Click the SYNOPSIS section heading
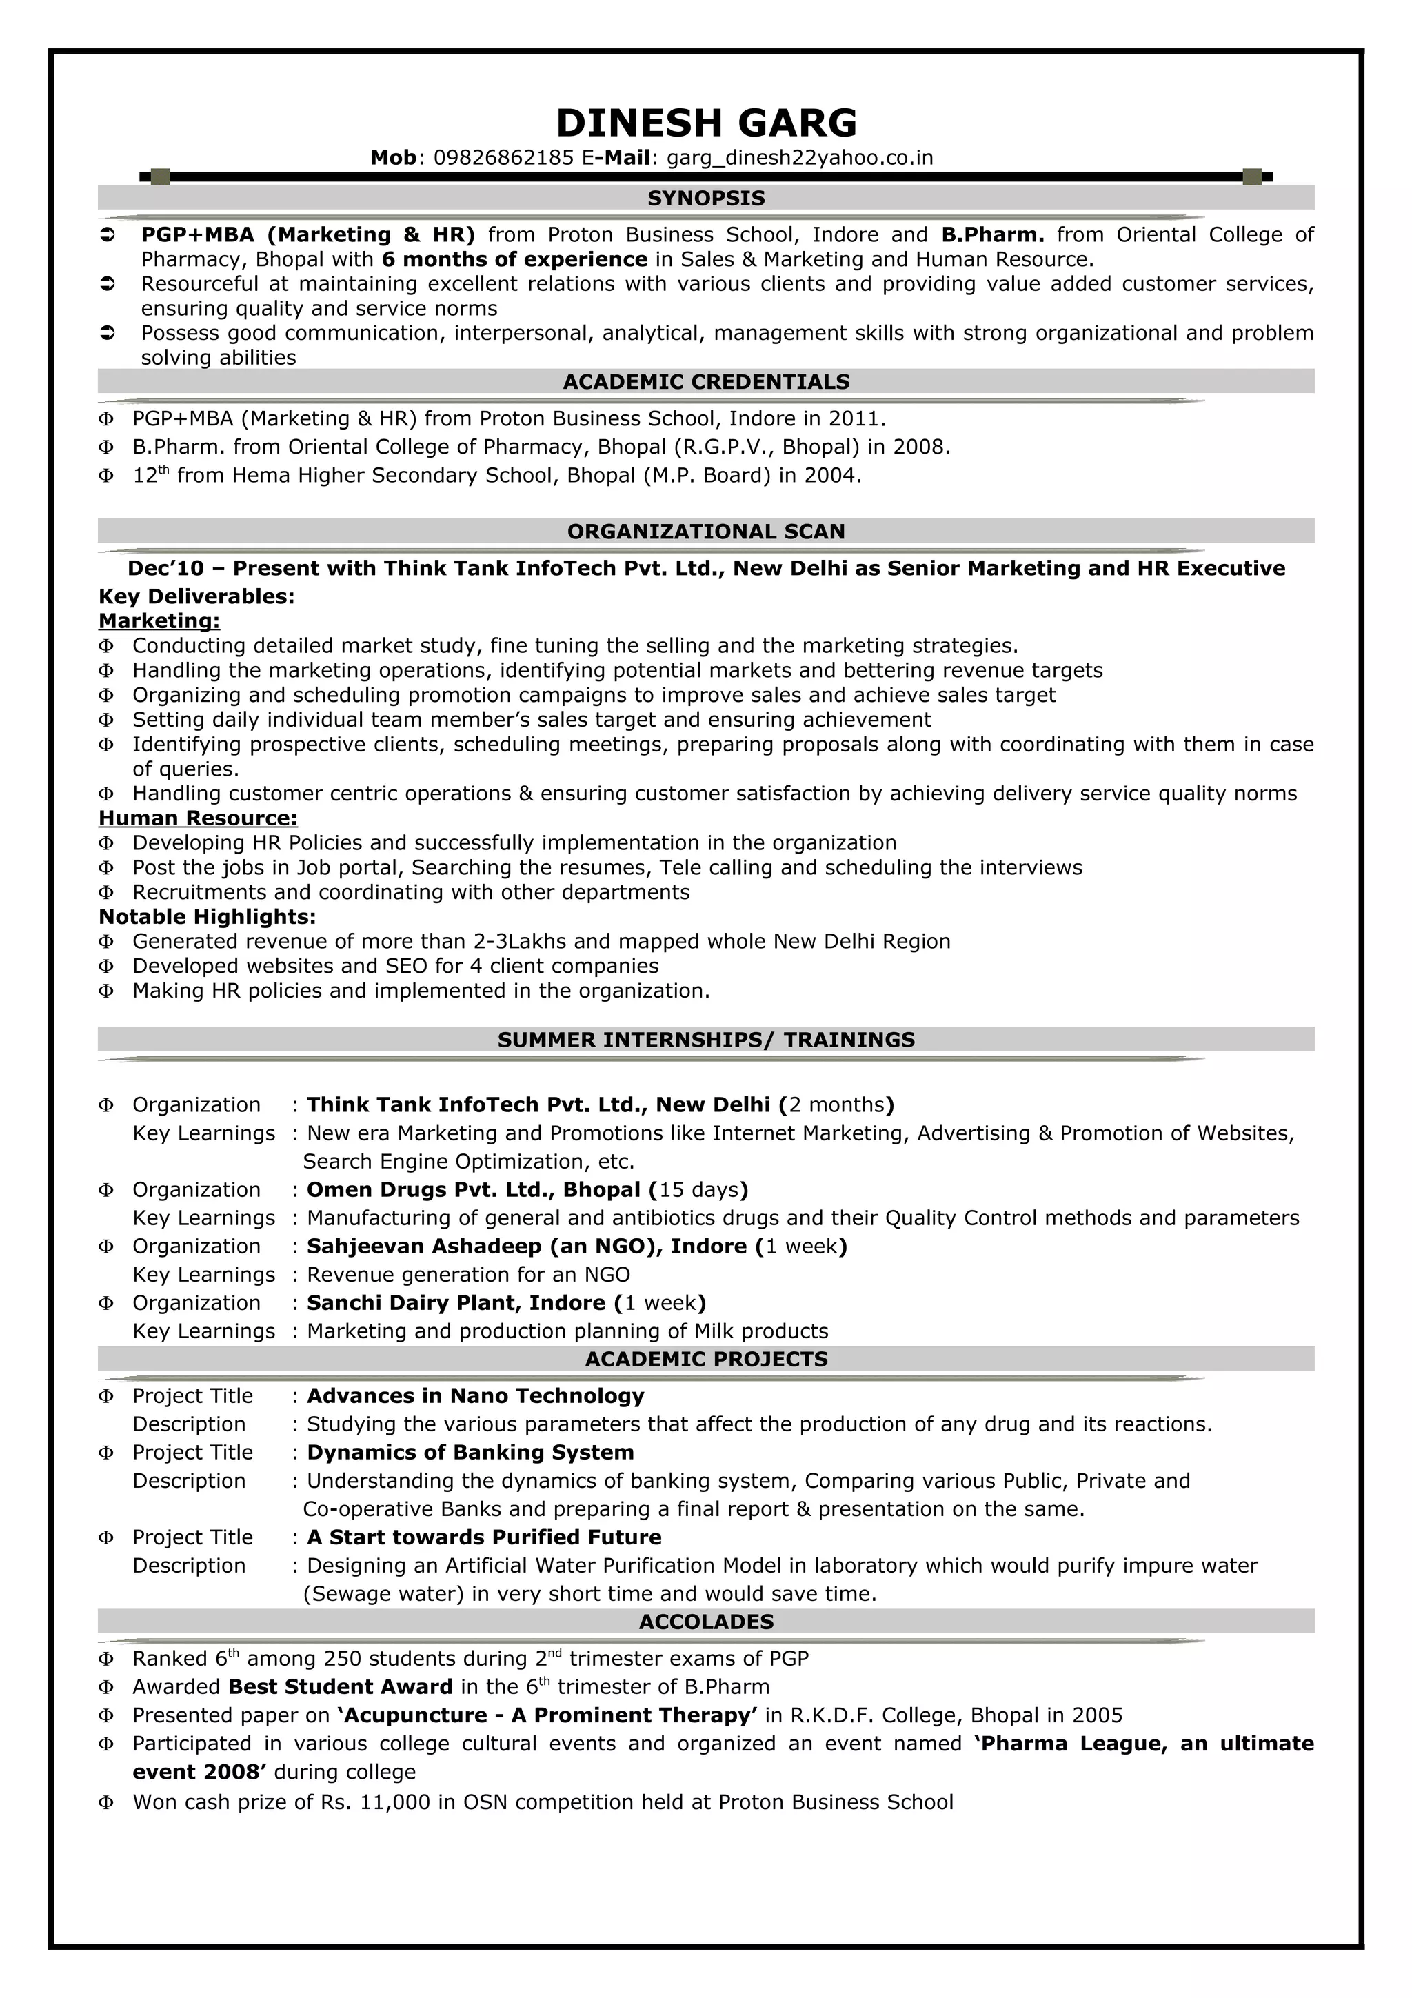point(705,199)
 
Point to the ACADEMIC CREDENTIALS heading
point(705,382)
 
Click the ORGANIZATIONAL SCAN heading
point(705,532)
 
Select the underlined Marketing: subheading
point(159,620)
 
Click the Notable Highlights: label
point(207,916)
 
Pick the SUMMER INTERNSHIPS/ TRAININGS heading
point(705,1040)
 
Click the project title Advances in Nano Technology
point(475,1396)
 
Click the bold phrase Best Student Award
point(340,1687)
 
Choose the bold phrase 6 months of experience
point(514,259)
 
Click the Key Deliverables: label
point(196,596)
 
